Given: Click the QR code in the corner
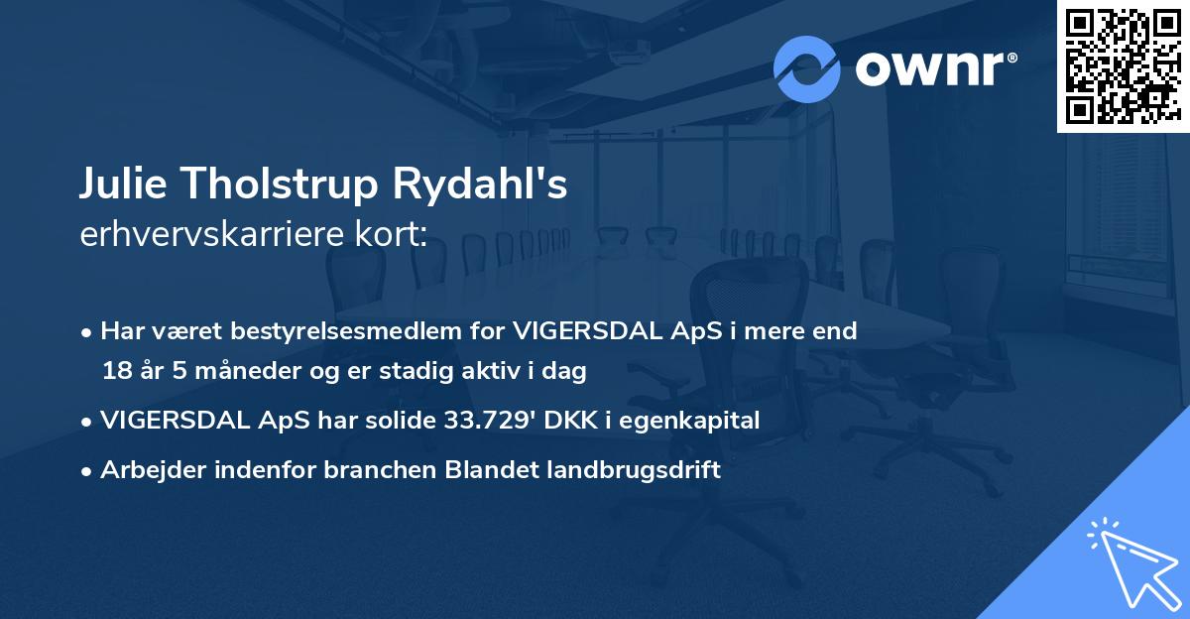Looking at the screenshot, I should click(1123, 65).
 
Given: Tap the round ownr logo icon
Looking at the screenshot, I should click(807, 69).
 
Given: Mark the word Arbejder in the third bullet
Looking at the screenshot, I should click(146, 471).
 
